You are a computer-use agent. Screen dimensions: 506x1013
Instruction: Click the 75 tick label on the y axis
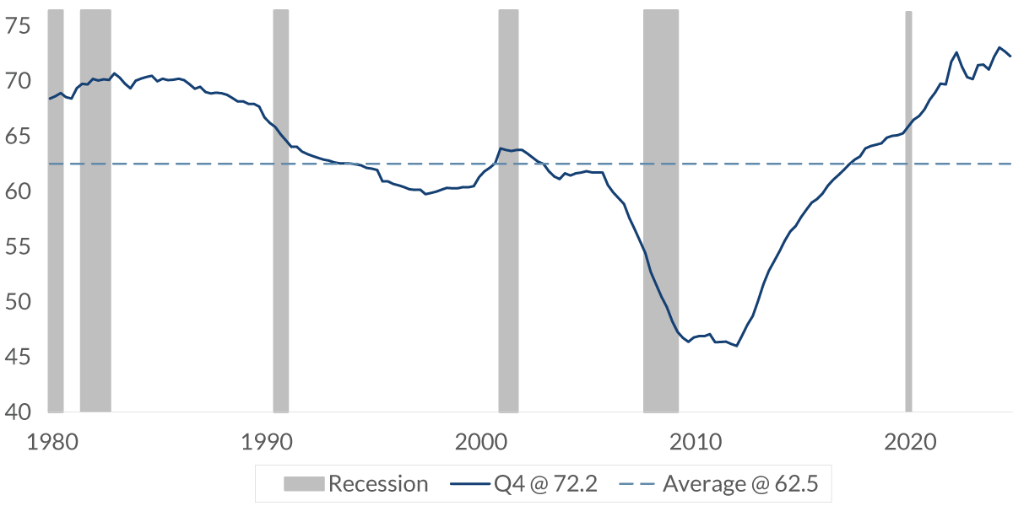tap(17, 27)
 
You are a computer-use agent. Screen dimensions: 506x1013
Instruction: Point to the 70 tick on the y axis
tap(17, 82)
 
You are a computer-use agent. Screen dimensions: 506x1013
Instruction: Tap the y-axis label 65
tap(17, 137)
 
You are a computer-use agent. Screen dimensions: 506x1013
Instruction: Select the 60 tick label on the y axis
tap(17, 192)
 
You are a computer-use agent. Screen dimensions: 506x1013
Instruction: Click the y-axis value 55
tap(17, 247)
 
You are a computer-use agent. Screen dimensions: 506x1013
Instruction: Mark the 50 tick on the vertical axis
tap(17, 302)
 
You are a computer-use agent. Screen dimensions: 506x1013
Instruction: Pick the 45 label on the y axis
tap(17, 358)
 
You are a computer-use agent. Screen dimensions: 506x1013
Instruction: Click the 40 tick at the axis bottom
tap(17, 412)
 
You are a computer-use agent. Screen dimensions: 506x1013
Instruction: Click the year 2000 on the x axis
tap(479, 442)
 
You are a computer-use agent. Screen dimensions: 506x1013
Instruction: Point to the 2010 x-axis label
tap(695, 442)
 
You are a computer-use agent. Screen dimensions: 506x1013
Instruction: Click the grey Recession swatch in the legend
tap(303, 484)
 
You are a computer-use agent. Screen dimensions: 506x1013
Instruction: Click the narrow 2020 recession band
tap(908, 211)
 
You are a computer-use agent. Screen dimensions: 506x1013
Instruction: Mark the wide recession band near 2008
tap(661, 211)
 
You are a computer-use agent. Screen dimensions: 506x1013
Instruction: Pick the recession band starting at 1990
tap(280, 211)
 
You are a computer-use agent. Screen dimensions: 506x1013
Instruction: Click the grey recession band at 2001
tap(508, 211)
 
